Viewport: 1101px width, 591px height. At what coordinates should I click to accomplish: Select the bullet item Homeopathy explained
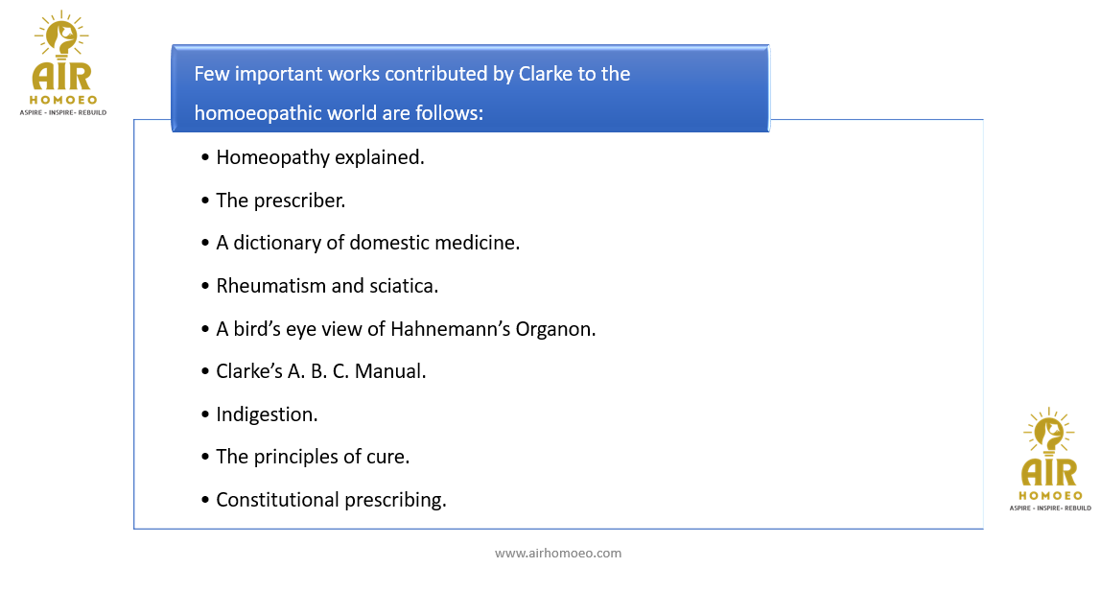coord(320,157)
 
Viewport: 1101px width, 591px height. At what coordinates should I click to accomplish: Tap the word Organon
coord(555,329)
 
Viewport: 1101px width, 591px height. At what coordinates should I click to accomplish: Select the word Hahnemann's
coord(450,329)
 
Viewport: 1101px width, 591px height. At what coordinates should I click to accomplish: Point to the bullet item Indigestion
coord(267,414)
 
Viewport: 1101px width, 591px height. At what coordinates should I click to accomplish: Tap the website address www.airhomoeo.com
coord(558,553)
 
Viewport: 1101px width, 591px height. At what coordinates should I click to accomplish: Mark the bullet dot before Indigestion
coord(205,414)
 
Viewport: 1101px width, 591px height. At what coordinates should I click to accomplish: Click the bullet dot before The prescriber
coord(205,201)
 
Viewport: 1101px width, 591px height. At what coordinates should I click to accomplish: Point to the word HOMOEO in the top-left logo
coord(63,100)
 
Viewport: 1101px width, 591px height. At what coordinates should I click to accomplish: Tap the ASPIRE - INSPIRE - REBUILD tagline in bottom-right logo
coord(1050,508)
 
